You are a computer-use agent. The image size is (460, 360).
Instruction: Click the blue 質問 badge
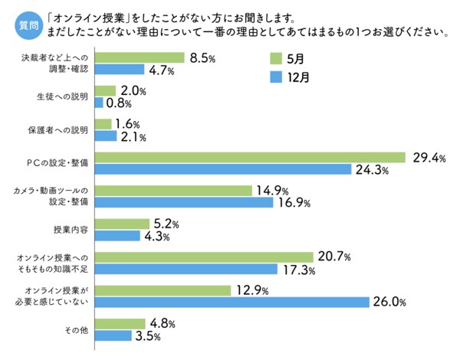coord(28,25)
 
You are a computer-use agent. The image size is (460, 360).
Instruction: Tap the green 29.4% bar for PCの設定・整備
coord(250,157)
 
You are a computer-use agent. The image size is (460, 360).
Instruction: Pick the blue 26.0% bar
coord(232,302)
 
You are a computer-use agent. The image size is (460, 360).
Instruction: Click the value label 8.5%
coord(202,57)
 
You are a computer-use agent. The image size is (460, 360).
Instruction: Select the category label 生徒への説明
coord(63,97)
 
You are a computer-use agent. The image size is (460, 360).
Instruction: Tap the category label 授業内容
coord(70,230)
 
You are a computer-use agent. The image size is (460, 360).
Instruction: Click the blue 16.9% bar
coord(184,203)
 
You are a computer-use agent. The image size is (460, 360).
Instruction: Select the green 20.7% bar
coord(204,257)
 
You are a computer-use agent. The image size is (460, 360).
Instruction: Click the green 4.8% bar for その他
coord(120,322)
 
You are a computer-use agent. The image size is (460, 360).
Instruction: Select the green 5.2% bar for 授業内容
coord(121,224)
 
